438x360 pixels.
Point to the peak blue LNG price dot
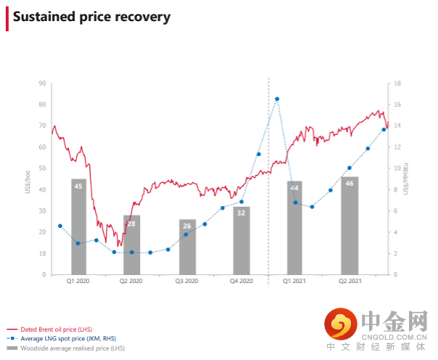pos(277,99)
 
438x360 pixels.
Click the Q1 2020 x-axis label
pos(78,281)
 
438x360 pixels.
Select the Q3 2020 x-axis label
pos(187,281)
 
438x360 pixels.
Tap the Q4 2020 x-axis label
pos(241,281)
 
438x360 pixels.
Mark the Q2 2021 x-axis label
pos(350,281)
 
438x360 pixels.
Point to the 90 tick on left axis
pos(43,83)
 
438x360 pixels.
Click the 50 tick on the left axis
pos(43,168)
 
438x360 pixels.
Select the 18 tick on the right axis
pos(398,83)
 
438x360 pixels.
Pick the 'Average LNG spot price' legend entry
pos(70,339)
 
